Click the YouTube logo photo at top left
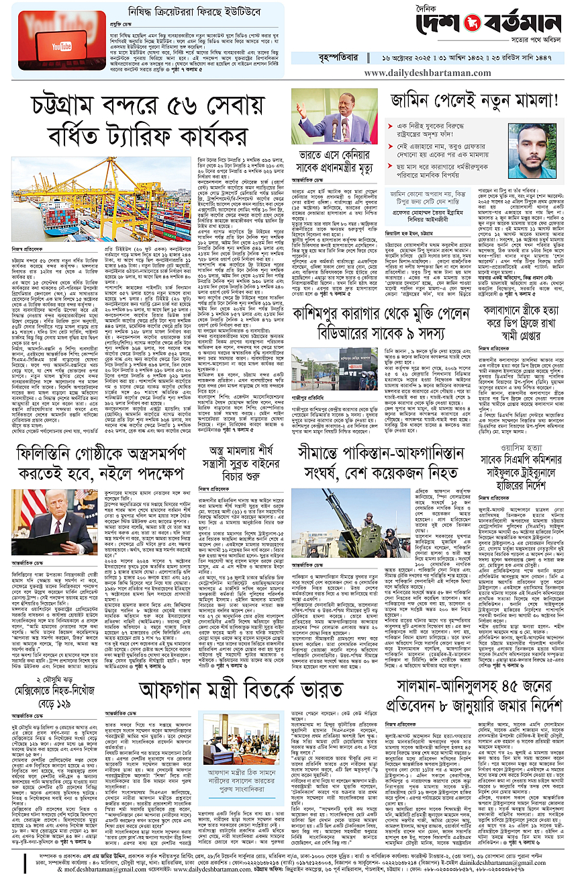(62, 42)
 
